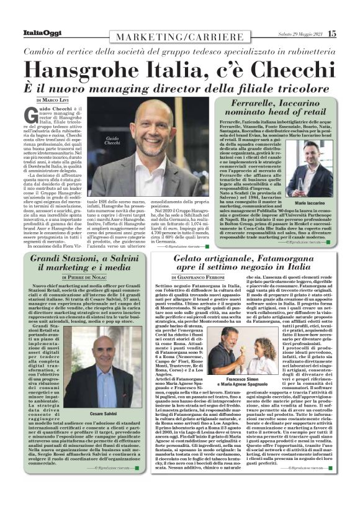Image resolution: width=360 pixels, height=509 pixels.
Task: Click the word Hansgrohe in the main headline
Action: pyautogui.click(x=93, y=66)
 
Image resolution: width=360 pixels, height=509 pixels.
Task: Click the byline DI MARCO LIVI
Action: pyautogui.click(x=54, y=99)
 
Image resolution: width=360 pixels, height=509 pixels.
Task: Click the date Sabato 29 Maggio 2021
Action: pyautogui.click(x=297, y=33)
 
